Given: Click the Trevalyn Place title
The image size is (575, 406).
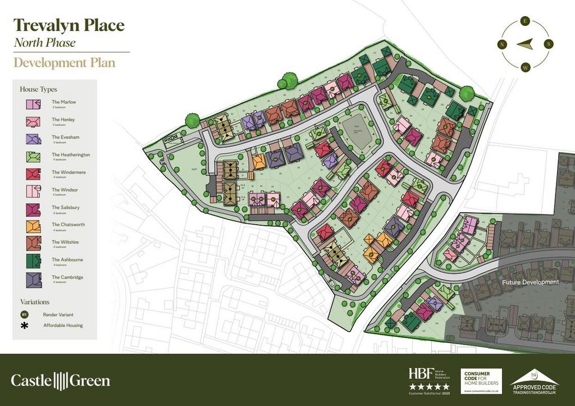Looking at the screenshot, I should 69,25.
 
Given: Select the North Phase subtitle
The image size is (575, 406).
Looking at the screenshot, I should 44,43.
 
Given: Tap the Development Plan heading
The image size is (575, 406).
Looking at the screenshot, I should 65,62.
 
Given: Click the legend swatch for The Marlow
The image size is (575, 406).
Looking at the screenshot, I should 33,104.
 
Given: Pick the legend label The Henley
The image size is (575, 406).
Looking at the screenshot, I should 63,120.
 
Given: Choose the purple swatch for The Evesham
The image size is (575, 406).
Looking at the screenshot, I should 33,139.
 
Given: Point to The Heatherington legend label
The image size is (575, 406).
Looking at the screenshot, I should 71,154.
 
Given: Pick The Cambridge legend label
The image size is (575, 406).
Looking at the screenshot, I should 67,277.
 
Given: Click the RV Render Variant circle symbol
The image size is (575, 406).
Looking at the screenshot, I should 24,314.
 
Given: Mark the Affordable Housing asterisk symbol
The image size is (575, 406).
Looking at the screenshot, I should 24,326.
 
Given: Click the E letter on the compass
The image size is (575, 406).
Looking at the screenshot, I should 525,21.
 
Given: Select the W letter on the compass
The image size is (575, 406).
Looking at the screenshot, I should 525,67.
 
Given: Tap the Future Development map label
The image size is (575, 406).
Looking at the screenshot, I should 531,282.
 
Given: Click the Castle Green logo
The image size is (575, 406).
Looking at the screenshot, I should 61,380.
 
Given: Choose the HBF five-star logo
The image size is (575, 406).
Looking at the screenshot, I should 429,380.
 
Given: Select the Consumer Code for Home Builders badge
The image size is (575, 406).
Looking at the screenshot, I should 481,381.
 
